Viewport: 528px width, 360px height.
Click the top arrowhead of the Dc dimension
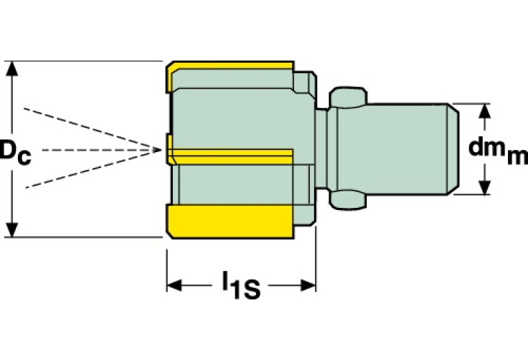11,67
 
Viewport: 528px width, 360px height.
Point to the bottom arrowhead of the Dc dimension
11,231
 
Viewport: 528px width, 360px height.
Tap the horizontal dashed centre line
89,149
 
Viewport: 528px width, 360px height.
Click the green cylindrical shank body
406,149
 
